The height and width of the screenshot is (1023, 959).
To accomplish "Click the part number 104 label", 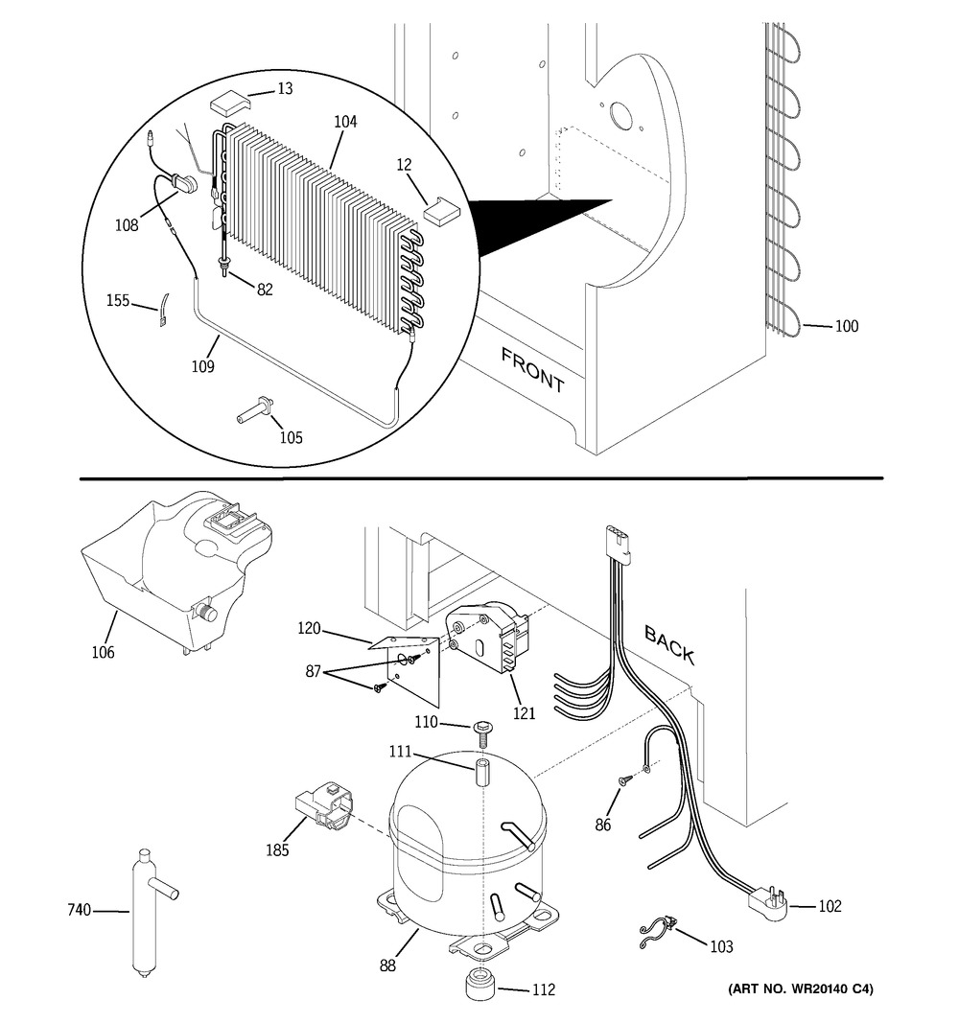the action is coord(345,122).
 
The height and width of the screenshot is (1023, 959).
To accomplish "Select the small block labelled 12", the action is coord(442,211).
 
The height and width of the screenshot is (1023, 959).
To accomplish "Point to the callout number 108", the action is coord(127,225).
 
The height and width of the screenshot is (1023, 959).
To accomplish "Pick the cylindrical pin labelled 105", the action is coord(254,410).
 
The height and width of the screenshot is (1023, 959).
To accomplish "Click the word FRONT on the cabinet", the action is coord(531,370).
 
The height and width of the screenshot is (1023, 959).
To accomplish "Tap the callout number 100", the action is coord(847,326).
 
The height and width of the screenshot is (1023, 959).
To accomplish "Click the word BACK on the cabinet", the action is coord(669,644).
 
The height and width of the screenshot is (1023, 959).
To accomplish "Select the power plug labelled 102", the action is coord(767,906).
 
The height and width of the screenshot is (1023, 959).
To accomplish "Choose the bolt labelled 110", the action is coord(481,734).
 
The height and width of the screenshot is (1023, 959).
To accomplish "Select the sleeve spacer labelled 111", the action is coord(482,772).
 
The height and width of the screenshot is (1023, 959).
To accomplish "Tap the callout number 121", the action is coord(524,713).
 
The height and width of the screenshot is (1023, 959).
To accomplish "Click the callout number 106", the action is coord(103,652).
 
